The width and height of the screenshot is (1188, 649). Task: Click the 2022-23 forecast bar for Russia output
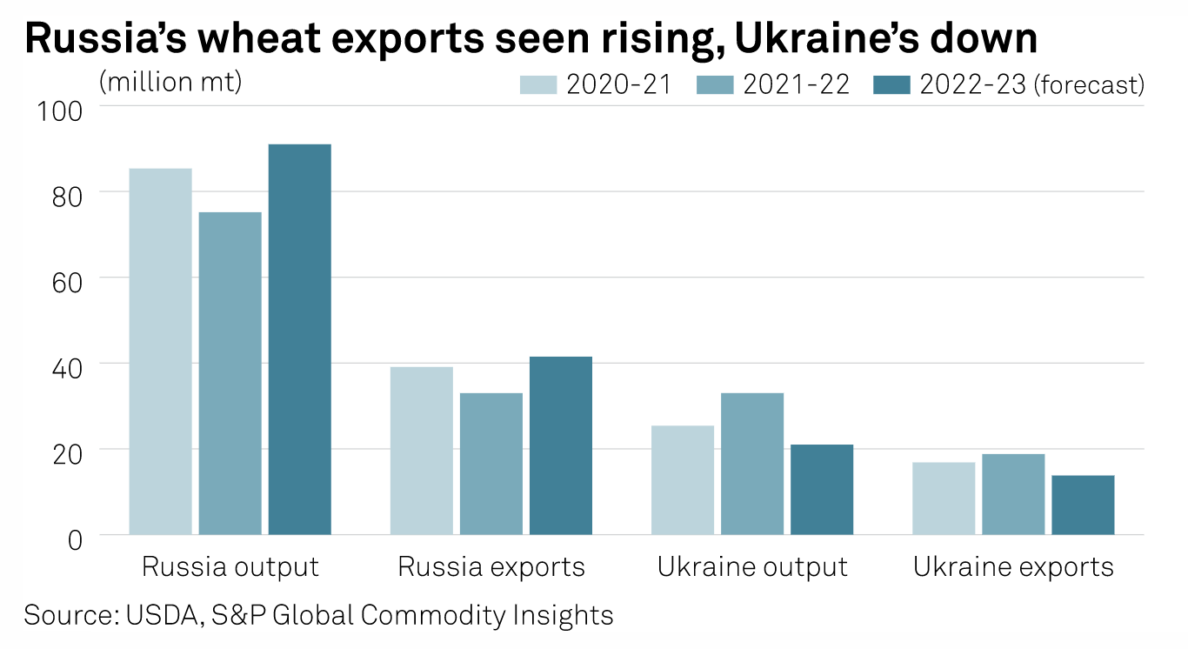tap(299, 339)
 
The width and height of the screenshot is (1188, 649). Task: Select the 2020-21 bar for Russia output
tap(160, 351)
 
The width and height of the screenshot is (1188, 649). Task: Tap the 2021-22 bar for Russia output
tap(230, 373)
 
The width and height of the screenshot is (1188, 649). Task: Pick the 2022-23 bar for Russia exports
tap(560, 445)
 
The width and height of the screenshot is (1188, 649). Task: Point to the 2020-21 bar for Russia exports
tap(421, 451)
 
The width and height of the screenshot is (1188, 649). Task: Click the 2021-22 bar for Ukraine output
tap(751, 464)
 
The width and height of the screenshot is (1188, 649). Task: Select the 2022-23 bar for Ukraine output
tap(821, 490)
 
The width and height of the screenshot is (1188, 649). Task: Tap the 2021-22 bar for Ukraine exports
tap(1012, 494)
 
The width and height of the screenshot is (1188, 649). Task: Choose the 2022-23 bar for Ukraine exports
tap(1082, 505)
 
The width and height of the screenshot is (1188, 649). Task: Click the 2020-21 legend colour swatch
tap(538, 84)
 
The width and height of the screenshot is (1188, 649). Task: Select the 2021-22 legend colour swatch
tap(716, 84)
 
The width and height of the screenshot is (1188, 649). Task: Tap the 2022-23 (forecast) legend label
tap(1031, 84)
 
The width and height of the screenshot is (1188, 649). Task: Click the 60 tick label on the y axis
tap(70, 282)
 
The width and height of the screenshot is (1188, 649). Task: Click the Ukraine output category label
tap(752, 567)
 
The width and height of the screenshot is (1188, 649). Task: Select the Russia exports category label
tap(491, 567)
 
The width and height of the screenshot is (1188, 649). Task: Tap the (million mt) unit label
tap(170, 81)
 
